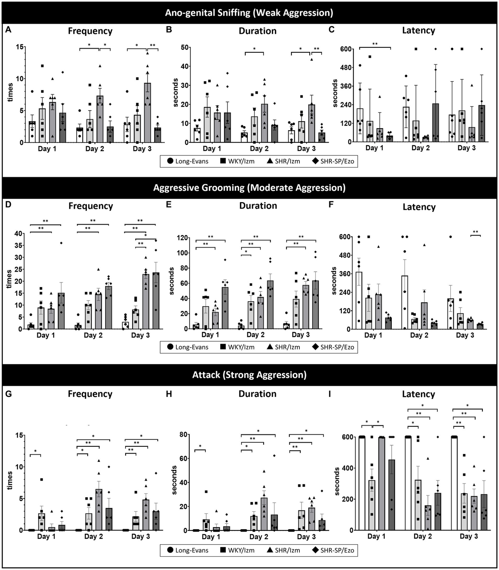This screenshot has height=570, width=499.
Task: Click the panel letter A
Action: point(8,30)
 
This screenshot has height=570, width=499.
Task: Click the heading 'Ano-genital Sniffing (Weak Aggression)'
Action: point(249,12)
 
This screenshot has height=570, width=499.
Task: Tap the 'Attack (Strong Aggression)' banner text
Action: point(249,375)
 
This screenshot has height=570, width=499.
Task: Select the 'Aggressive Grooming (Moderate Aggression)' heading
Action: point(249,188)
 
